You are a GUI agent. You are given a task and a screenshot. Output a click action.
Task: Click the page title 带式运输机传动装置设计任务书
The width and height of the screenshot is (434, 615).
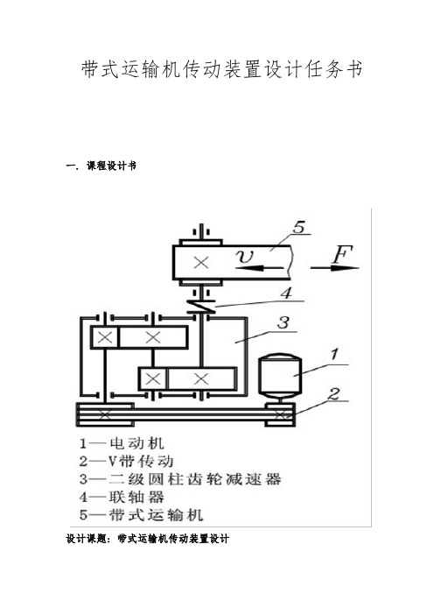[221, 70]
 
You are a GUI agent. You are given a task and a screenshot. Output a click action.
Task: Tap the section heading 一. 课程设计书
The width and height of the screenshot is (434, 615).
[101, 166]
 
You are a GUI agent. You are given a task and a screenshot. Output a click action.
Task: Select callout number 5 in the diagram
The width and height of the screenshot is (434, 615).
[299, 228]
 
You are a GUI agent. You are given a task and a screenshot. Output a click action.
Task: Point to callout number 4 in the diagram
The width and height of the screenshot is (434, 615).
[287, 293]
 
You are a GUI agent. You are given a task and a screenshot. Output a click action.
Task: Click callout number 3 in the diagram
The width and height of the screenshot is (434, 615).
[283, 323]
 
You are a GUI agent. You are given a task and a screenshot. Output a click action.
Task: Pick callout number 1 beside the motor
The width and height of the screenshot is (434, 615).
[333, 354]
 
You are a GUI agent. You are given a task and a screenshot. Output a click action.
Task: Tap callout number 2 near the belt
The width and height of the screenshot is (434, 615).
[334, 393]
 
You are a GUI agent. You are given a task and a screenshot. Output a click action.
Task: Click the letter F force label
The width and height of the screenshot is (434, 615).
[343, 254]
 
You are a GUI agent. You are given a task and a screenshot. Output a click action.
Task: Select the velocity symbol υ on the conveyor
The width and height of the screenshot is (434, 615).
[245, 257]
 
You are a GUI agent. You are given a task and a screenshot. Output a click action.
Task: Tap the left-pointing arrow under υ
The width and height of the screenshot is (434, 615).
[259, 268]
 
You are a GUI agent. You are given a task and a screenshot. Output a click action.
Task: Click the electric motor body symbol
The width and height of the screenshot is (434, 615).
[279, 375]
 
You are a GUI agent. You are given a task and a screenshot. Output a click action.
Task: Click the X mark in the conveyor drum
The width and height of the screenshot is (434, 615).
[201, 263]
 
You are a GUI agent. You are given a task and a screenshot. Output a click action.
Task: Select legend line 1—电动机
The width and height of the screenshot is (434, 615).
[122, 443]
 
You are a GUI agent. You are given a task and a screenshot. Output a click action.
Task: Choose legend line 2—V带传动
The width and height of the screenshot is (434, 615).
[126, 461]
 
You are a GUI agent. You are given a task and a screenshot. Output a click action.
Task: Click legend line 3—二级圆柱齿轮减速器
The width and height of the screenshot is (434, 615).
[180, 479]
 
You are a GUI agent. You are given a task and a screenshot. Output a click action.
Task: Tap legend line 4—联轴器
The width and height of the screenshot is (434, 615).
[122, 497]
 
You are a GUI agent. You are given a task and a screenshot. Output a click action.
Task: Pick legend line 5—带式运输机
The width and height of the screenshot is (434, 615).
[142, 514]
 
